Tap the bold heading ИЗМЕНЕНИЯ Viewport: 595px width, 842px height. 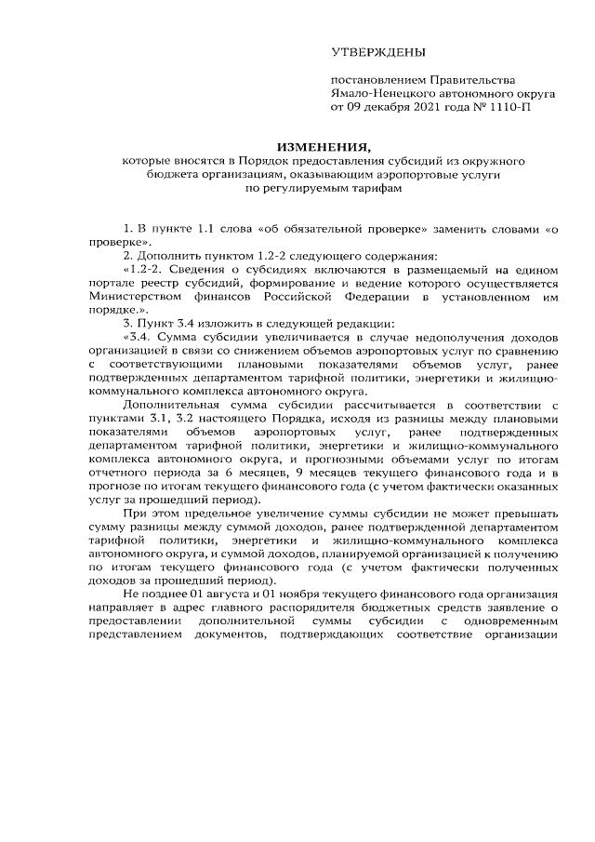click(x=323, y=146)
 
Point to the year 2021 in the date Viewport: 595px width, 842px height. click(x=430, y=107)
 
